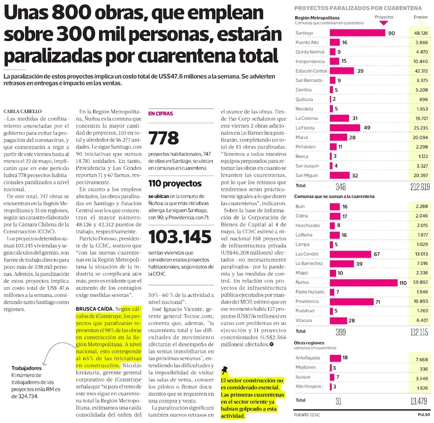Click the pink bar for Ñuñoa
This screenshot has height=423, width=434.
(364, 282)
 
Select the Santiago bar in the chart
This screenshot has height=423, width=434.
(357, 33)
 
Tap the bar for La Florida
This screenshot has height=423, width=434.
(345, 128)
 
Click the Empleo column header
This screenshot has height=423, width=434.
(420, 17)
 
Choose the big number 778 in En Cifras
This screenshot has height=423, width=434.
(164, 138)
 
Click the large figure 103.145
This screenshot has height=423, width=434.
(178, 237)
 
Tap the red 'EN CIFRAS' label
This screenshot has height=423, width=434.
(161, 114)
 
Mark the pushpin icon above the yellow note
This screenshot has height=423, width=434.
(224, 370)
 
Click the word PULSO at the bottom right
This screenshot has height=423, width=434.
(424, 414)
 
